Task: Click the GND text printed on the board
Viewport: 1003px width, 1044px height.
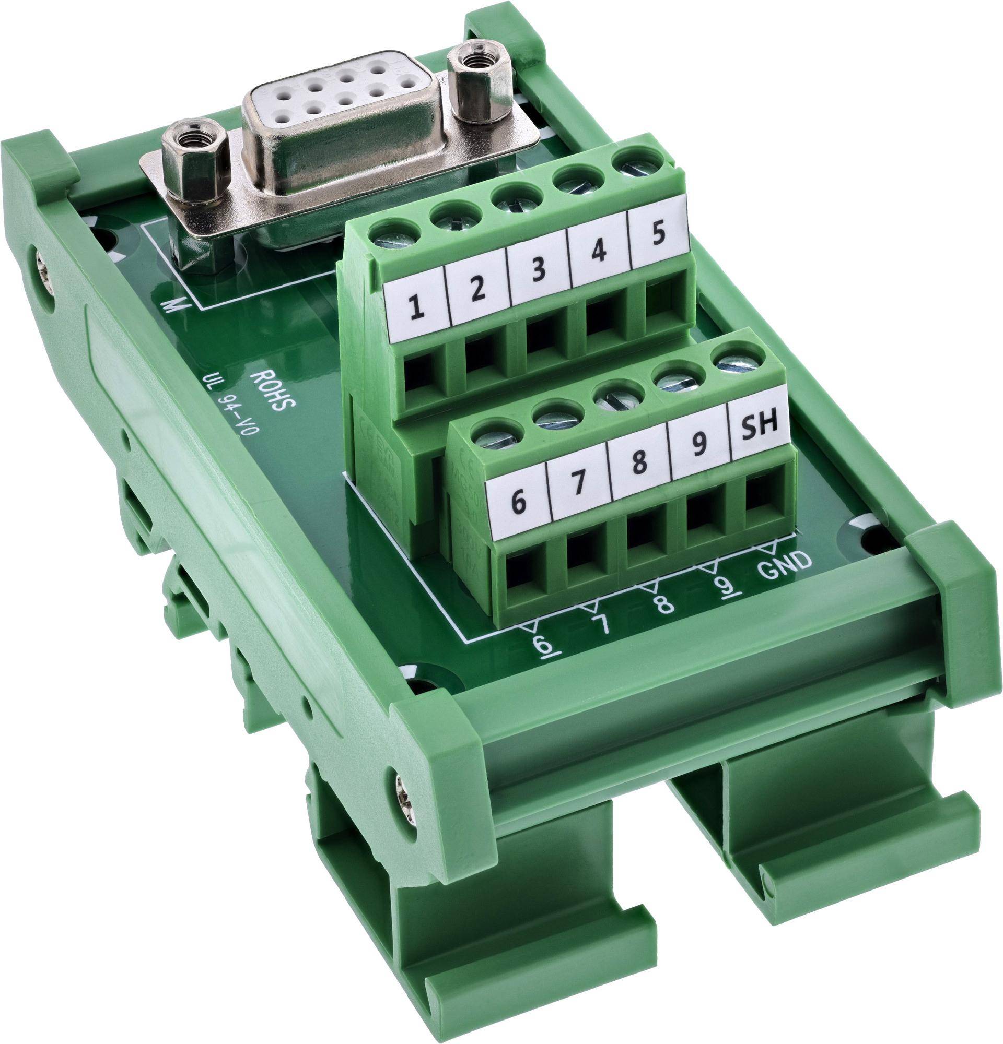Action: [x=785, y=564]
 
